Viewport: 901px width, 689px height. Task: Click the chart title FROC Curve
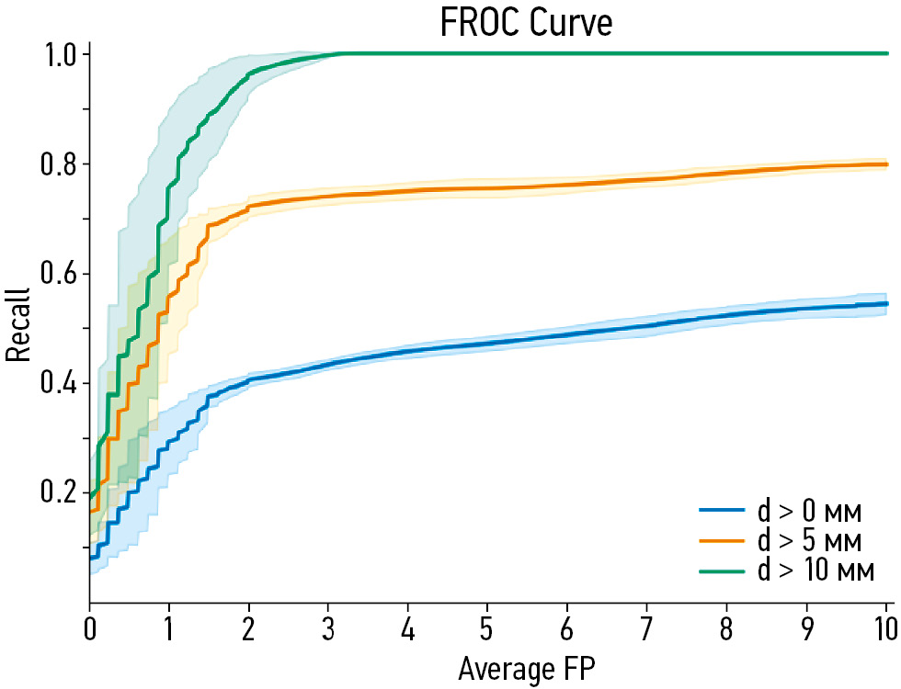(527, 22)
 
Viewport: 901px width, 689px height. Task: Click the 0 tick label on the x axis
(89, 630)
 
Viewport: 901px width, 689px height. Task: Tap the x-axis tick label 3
(328, 630)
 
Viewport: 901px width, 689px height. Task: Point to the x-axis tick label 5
(487, 630)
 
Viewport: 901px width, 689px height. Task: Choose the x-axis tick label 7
(647, 630)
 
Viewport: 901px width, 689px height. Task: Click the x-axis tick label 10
(884, 630)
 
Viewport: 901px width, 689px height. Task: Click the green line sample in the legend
(724, 570)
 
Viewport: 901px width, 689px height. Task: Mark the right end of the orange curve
(886, 164)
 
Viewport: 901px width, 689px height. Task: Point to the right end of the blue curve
(886, 303)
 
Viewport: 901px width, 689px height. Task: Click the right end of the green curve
(886, 53)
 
